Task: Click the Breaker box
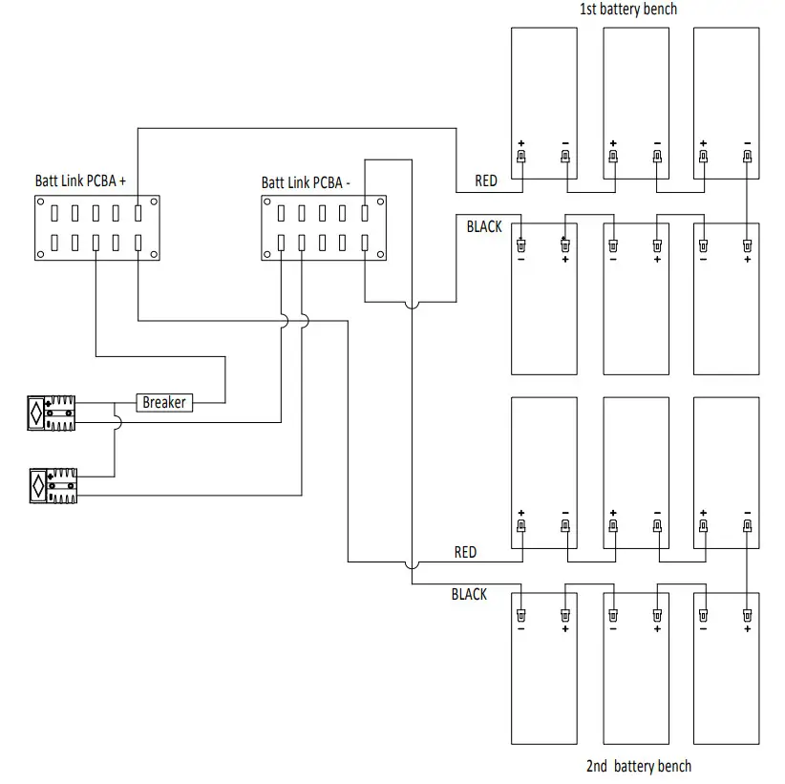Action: point(164,403)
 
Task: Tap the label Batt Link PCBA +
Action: point(80,180)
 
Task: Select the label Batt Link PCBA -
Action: point(306,182)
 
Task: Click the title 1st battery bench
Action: point(628,9)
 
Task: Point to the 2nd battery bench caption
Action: point(639,766)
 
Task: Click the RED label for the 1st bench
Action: point(486,180)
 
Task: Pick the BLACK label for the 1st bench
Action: point(484,226)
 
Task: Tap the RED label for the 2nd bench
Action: point(465,552)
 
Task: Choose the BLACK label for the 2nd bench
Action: point(469,594)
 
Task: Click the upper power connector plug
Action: point(52,413)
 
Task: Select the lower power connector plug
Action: point(53,486)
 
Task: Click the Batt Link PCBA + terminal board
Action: point(97,228)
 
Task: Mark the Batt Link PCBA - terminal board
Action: point(324,228)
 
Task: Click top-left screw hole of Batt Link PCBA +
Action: point(41,201)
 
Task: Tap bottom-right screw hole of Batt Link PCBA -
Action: point(380,254)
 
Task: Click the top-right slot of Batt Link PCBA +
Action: point(138,213)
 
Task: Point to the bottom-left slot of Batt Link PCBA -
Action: point(281,243)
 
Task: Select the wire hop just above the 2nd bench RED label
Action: point(412,565)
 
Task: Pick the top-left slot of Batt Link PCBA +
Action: point(54,213)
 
